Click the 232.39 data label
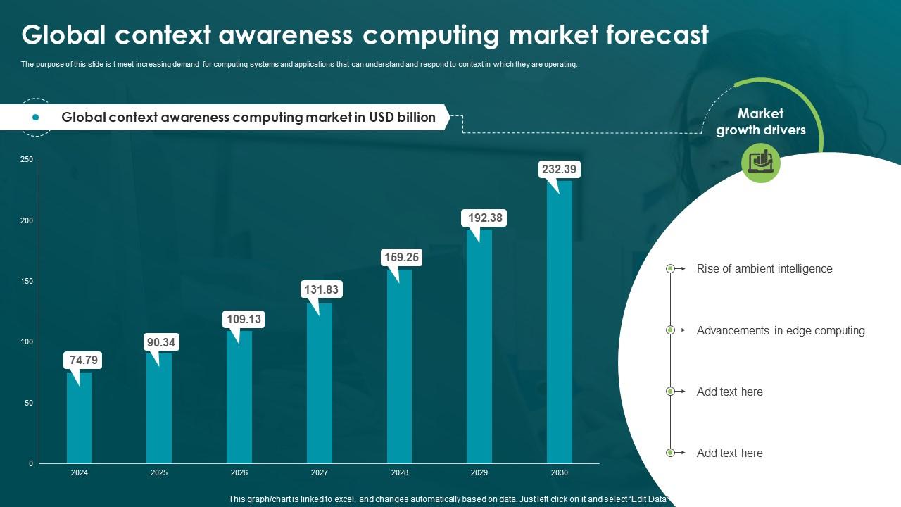[558, 169]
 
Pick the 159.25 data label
[401, 258]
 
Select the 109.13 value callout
[244, 320]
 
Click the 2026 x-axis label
[239, 473]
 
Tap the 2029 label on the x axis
[479, 473]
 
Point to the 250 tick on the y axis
[27, 160]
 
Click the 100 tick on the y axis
[27, 342]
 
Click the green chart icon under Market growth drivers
[761, 163]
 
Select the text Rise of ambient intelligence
[764, 269]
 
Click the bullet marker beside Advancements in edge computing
[670, 330]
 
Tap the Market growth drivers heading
[760, 122]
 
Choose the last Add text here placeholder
[729, 453]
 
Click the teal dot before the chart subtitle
[36, 118]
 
